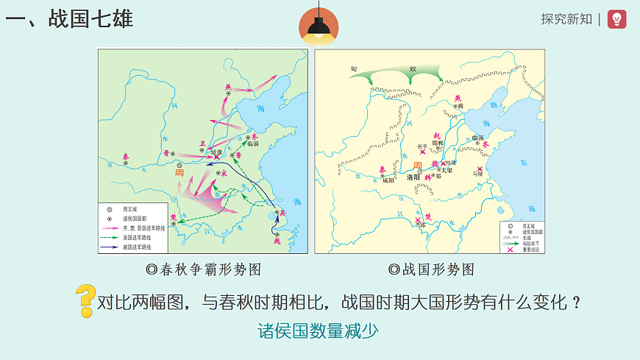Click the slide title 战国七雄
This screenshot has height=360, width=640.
(70, 18)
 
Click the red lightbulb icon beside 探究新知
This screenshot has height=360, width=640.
(617, 19)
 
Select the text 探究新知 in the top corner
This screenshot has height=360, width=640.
(566, 19)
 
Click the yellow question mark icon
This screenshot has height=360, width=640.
(85, 300)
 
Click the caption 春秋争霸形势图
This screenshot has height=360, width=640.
(204, 269)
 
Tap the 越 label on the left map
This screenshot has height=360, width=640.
(277, 240)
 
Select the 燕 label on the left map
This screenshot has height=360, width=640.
(228, 87)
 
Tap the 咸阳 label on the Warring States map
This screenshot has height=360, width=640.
(389, 180)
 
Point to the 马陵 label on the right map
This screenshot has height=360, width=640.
(479, 174)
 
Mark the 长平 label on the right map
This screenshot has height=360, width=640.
(422, 146)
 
